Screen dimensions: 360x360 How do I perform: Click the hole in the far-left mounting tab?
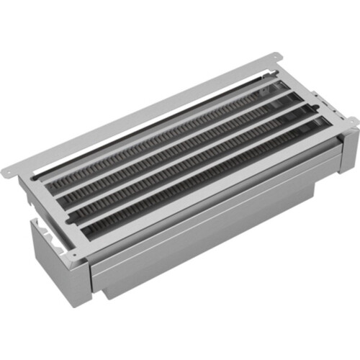click(9, 171)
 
